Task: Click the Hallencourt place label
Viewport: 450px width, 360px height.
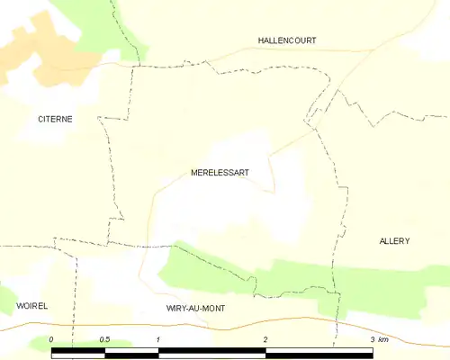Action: point(286,40)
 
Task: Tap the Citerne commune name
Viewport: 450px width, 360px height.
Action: point(55,119)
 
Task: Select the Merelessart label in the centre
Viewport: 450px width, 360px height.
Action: point(220,172)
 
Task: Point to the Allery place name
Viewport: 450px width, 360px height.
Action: point(394,241)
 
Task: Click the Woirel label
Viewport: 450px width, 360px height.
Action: point(31,306)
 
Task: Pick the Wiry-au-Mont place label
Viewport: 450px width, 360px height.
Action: point(195,308)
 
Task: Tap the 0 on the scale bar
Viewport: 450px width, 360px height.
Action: point(52,339)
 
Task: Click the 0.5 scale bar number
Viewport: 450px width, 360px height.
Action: point(104,339)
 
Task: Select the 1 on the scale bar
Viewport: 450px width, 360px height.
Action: point(158,339)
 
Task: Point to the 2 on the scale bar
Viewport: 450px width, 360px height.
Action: point(265,339)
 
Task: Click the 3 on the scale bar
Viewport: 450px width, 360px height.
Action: point(372,339)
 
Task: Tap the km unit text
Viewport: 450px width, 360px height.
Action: point(383,339)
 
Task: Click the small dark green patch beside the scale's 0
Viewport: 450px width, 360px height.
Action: point(40,342)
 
